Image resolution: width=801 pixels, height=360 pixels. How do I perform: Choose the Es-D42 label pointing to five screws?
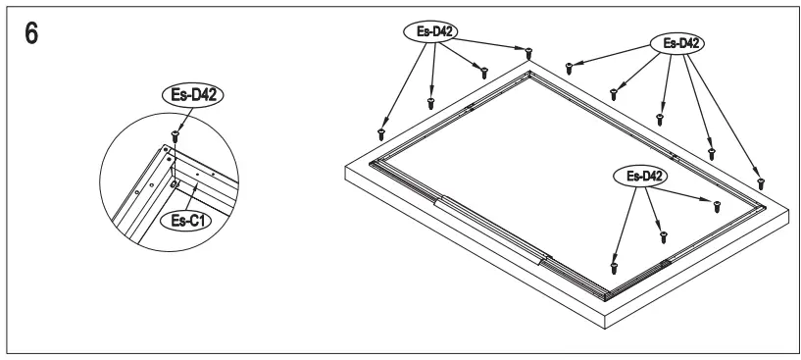tap(676, 44)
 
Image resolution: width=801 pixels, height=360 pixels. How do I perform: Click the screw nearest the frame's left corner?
tap(381, 134)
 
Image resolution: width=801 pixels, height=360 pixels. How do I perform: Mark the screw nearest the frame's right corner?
tap(760, 183)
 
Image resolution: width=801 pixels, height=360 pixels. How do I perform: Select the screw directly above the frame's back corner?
tap(528, 50)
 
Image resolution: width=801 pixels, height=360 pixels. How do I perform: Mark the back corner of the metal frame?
tap(529, 74)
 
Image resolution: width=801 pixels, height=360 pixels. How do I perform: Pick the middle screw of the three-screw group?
tap(662, 236)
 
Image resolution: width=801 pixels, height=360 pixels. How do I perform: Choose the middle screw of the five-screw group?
tap(660, 117)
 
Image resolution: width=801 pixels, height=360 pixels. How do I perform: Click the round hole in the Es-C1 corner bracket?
tap(174, 182)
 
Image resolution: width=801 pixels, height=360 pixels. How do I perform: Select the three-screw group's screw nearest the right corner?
tap(717, 205)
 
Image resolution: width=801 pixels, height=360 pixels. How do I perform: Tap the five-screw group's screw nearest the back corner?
tap(570, 69)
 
